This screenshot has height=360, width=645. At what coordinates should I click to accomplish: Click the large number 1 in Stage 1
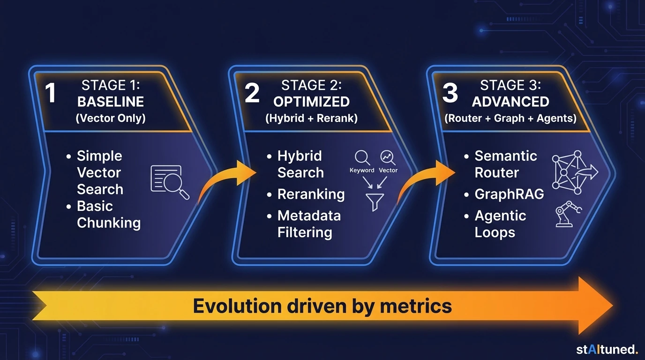(51, 93)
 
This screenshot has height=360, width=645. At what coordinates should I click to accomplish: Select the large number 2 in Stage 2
(252, 93)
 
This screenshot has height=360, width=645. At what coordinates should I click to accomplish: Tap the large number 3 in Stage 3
(450, 93)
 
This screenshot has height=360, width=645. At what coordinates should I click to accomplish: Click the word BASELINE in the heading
(111, 102)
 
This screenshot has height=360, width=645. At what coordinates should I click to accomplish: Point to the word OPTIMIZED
(311, 102)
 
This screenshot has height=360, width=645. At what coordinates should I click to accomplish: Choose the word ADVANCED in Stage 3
(510, 102)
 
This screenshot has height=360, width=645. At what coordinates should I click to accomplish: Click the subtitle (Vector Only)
(111, 118)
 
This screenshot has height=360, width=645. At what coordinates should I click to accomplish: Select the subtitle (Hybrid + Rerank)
(311, 118)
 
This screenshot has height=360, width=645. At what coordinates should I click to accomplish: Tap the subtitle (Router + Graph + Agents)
(510, 118)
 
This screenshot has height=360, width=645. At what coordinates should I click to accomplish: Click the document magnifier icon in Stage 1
(169, 181)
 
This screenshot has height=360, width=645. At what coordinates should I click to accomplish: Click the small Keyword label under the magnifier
(362, 170)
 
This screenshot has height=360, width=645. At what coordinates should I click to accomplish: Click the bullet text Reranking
(311, 194)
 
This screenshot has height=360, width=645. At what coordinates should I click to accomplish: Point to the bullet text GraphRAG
(509, 194)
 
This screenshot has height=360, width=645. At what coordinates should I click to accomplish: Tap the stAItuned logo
(607, 349)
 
